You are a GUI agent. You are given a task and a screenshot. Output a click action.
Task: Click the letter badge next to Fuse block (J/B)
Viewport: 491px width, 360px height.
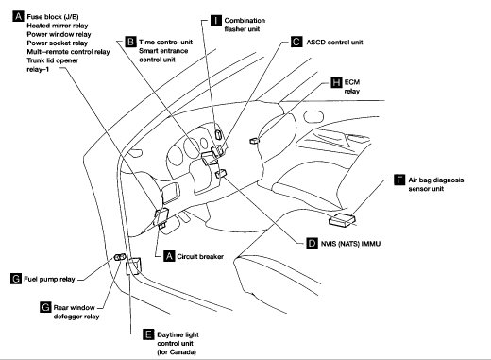(x=18, y=16)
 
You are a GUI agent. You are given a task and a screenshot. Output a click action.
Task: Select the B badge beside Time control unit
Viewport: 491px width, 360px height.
(x=130, y=42)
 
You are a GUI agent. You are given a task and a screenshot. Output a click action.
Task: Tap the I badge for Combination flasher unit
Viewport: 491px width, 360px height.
(x=216, y=20)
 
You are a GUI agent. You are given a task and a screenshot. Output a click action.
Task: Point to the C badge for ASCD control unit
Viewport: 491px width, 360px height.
(x=296, y=42)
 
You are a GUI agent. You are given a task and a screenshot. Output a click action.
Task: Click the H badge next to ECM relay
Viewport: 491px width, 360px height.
(x=336, y=82)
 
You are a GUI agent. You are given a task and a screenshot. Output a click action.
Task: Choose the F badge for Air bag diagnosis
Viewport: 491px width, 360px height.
(x=399, y=180)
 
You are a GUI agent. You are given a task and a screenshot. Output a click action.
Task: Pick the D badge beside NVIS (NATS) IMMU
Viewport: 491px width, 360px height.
(x=312, y=243)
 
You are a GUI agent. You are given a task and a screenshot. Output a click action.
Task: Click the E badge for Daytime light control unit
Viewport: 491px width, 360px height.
(x=148, y=334)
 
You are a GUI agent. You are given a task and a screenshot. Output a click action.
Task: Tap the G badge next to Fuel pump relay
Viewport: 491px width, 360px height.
(x=16, y=279)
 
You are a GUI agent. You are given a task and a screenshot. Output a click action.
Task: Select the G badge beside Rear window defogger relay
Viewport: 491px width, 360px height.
(x=45, y=307)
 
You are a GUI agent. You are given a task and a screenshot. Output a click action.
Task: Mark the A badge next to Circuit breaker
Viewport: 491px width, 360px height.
(x=169, y=256)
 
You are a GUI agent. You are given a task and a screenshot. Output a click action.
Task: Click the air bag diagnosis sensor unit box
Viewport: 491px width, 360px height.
(x=342, y=219)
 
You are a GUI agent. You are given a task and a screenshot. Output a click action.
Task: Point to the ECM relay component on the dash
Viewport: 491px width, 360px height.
(x=254, y=141)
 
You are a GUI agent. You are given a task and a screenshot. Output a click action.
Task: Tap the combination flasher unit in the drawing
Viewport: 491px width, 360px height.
(x=218, y=134)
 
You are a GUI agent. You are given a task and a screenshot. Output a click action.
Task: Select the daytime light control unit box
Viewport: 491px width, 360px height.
(x=133, y=266)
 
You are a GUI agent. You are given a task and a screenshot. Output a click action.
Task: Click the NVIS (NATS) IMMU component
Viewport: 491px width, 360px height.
(x=221, y=174)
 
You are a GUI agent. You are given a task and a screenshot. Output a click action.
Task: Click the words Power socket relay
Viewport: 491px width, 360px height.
(x=57, y=43)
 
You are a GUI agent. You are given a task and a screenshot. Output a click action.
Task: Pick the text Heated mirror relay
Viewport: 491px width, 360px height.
(x=58, y=26)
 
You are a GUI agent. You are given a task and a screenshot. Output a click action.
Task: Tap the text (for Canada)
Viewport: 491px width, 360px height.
(x=177, y=352)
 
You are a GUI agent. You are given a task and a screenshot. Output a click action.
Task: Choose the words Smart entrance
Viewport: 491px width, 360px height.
(x=163, y=51)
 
